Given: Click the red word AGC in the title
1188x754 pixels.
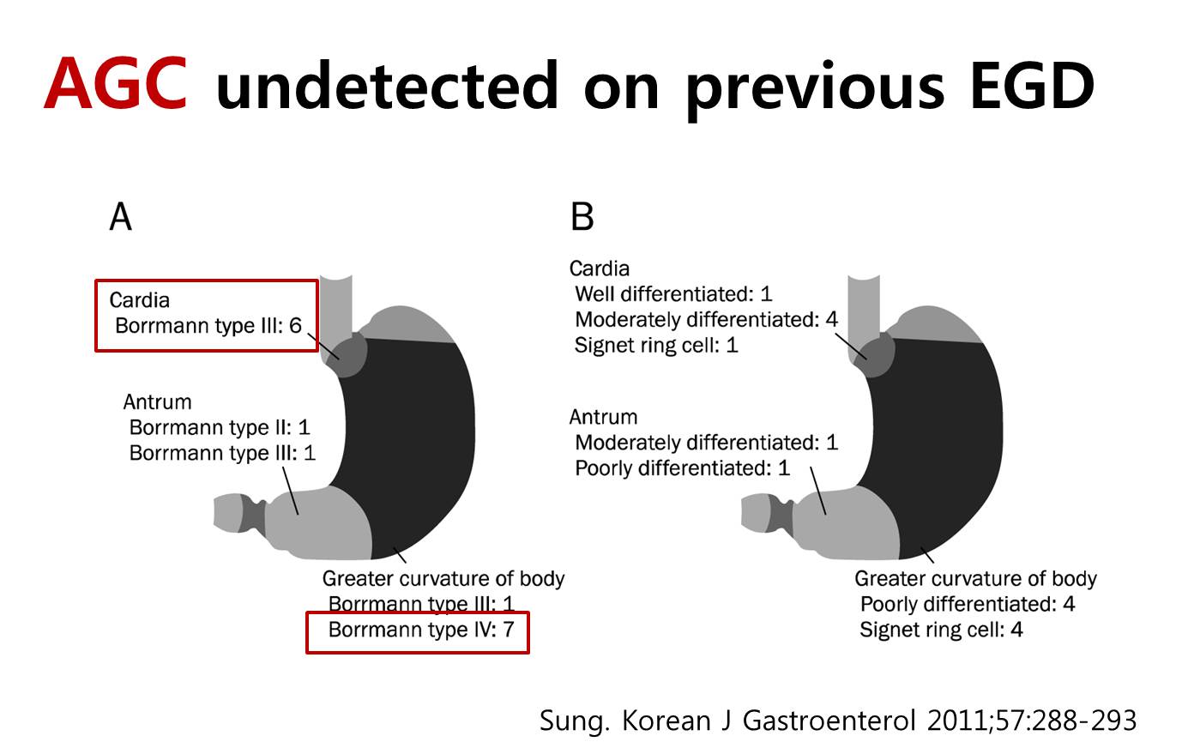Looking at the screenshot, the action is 116,83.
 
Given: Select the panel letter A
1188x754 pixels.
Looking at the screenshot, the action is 120,217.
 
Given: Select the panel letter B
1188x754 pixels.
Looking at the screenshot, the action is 582,217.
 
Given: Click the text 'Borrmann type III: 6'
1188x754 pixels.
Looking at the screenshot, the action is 208,326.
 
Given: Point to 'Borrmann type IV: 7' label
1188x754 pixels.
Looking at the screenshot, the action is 421,630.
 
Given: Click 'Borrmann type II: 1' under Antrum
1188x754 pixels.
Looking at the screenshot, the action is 220,427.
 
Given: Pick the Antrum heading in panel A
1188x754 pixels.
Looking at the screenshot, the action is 158,402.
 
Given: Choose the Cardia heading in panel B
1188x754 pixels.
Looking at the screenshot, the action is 600,268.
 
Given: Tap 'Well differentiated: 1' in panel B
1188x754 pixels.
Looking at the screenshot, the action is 673,293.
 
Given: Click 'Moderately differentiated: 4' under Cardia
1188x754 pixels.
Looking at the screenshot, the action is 707,320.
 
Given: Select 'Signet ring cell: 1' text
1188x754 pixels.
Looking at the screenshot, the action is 656,345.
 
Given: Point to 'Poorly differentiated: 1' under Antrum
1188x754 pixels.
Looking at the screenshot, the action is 683,468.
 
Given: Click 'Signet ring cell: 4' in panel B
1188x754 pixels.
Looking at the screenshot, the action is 941,630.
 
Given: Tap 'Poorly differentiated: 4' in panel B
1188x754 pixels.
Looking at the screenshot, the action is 968,604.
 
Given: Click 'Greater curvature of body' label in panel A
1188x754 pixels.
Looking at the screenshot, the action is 443,578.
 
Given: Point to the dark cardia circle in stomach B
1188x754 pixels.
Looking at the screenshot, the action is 873,353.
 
